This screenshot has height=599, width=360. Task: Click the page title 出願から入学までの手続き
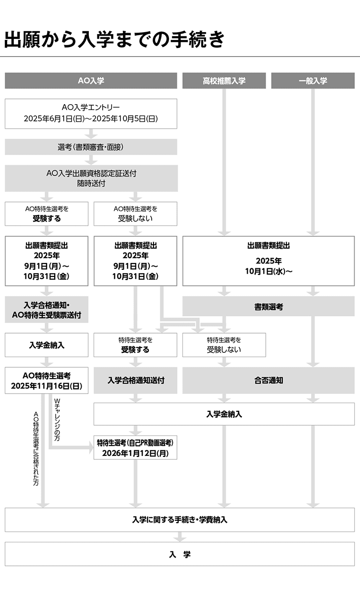tap(114, 39)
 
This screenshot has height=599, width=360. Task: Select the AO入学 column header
tap(91, 81)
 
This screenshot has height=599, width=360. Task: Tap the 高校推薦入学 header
tap(224, 81)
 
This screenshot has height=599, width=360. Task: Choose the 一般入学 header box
tap(312, 81)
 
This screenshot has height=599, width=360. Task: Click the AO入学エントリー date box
tap(91, 113)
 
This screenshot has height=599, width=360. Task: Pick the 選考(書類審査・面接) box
tap(91, 147)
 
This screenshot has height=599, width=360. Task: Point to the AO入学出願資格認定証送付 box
tap(91, 178)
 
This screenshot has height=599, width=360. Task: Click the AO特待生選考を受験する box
tap(47, 214)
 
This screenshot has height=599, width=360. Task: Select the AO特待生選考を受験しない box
tap(135, 214)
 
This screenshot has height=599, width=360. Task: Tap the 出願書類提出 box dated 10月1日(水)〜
tap(268, 260)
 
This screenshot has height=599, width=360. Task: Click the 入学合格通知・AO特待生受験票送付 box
tap(47, 310)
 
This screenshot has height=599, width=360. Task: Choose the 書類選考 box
tap(268, 307)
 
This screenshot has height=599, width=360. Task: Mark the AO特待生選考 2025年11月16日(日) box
tap(47, 380)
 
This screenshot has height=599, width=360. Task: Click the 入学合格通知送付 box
tap(135, 380)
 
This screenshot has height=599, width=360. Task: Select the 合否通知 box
tap(268, 380)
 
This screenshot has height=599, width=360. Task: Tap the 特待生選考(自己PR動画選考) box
tap(135, 447)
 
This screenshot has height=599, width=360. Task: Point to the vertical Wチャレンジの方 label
tap(57, 417)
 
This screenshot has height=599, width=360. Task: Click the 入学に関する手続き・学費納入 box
tap(180, 520)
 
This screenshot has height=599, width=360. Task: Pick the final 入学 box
tap(180, 554)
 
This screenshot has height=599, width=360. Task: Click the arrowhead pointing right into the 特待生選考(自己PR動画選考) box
tap(90, 447)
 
